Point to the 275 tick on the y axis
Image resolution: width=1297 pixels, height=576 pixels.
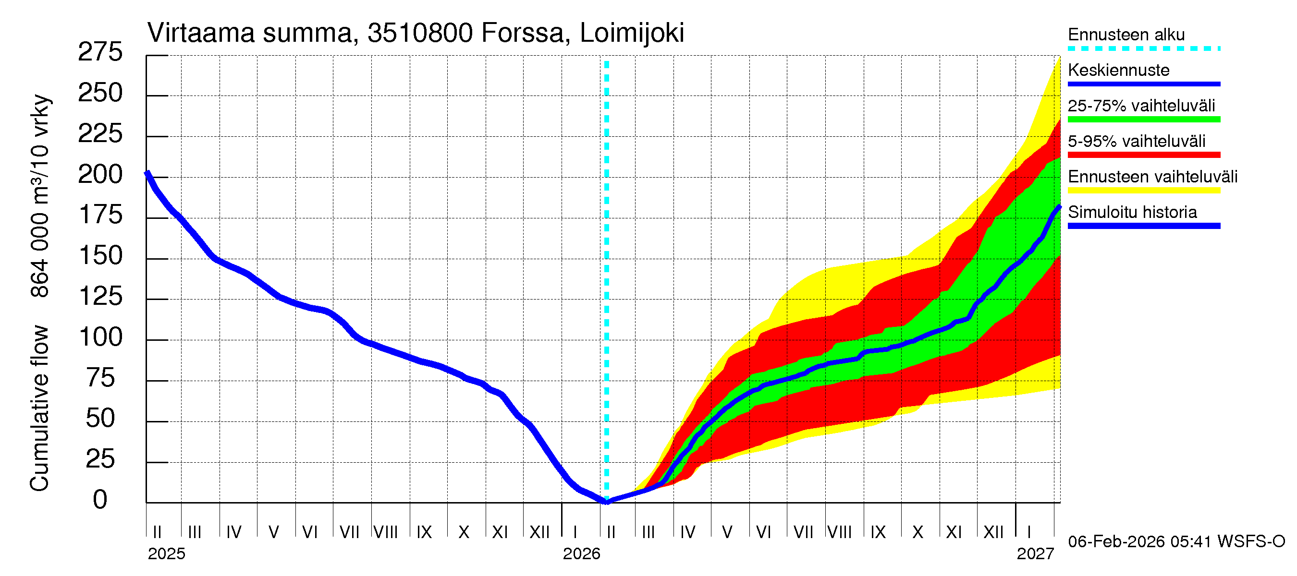[x=100, y=52]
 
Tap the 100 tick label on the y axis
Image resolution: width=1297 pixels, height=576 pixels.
[x=101, y=337]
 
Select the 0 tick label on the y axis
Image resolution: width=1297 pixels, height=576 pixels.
[x=100, y=500]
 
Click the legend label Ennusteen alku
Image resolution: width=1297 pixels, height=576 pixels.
[x=1126, y=35]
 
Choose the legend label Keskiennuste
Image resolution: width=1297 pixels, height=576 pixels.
[x=1118, y=70]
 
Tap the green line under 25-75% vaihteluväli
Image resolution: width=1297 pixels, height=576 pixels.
[x=1143, y=120]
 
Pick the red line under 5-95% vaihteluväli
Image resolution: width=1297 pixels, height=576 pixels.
[x=1143, y=155]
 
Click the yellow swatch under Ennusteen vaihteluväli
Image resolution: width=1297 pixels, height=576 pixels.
[x=1143, y=191]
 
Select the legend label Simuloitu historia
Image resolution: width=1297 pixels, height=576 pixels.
[x=1132, y=212]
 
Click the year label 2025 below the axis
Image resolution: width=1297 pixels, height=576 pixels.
[x=166, y=554]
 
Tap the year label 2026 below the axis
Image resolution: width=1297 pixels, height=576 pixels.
[x=581, y=554]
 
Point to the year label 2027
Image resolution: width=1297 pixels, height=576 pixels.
[x=1035, y=554]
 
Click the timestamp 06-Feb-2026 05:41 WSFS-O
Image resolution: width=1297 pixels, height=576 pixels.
[x=1176, y=542]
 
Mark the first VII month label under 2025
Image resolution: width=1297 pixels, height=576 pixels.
[x=349, y=532]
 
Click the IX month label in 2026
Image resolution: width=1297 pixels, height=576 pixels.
[x=878, y=532]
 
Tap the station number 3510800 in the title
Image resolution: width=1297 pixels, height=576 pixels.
[x=420, y=33]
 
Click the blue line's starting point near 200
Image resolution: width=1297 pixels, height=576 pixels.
[x=147, y=174]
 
